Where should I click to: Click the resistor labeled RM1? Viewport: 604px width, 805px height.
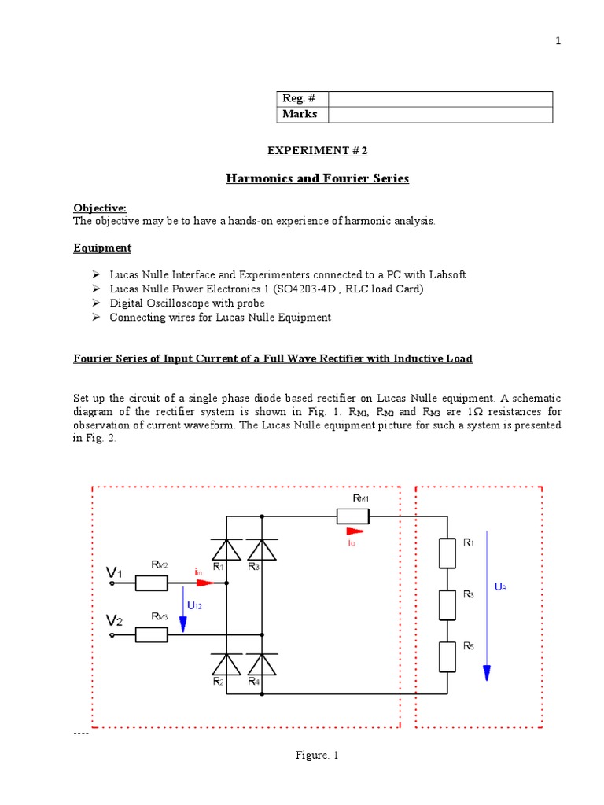353,516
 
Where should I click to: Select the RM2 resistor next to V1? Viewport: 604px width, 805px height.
151,583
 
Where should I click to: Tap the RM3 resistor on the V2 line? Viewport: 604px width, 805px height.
151,634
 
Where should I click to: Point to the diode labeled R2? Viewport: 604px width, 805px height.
227,664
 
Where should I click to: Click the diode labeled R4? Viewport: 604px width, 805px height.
262,664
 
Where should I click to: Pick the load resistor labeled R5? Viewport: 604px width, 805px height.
447,657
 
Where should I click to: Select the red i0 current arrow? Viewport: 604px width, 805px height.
355,531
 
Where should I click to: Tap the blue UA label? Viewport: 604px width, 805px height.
499,586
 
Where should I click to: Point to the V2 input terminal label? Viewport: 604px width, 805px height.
115,621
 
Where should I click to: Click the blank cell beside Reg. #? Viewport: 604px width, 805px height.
440,99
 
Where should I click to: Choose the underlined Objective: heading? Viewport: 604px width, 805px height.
100,208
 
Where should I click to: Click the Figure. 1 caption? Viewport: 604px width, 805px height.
317,755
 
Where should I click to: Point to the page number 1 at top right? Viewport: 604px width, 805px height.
558,42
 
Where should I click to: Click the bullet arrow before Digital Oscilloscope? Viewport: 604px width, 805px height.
95,303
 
